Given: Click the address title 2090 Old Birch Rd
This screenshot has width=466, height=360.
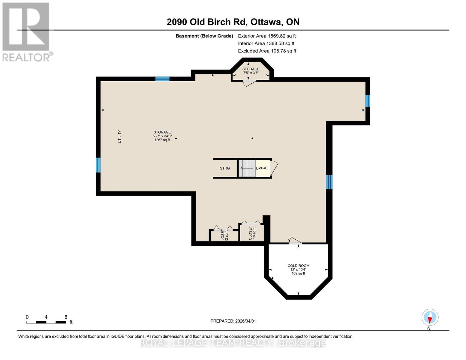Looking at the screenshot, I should pyautogui.click(x=233, y=22).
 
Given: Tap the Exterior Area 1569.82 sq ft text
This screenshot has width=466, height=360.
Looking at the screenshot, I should pyautogui.click(x=267, y=36).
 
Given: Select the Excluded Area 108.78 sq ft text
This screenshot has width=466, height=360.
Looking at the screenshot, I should pyautogui.click(x=267, y=51).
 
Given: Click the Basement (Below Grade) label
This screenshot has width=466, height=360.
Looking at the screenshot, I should pyautogui.click(x=204, y=36).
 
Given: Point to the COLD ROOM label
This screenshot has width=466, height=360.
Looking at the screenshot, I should pyautogui.click(x=298, y=266).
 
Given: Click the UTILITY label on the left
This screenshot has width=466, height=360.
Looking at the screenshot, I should pyautogui.click(x=119, y=136).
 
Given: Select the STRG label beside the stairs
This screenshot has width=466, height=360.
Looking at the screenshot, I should pyautogui.click(x=225, y=168).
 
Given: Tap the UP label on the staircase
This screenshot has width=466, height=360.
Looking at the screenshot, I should pyautogui.click(x=258, y=168).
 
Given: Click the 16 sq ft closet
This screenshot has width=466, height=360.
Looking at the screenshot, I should pyautogui.click(x=252, y=233).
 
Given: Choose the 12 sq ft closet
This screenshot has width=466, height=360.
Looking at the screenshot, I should pyautogui.click(x=224, y=236).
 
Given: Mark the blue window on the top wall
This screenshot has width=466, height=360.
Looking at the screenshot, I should pyautogui.click(x=162, y=79).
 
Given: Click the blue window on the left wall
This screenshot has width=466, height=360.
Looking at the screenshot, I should pyautogui.click(x=98, y=165).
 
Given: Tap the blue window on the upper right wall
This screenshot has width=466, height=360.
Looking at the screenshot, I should pyautogui.click(x=368, y=101).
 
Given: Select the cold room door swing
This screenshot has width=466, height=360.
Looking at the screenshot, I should pyautogui.click(x=295, y=240).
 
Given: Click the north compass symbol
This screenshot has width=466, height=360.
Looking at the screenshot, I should pyautogui.click(x=430, y=317).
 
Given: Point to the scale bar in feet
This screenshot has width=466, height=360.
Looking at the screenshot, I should pyautogui.click(x=46, y=322).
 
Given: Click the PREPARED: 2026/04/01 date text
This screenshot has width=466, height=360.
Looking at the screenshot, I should pyautogui.click(x=233, y=321).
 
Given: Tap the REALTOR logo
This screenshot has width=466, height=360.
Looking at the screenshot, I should pyautogui.click(x=26, y=31).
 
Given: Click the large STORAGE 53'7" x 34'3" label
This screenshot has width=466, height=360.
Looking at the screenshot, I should pyautogui.click(x=162, y=136).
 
